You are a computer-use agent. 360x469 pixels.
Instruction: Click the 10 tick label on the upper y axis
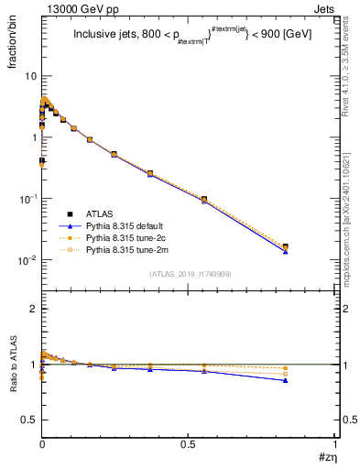30,76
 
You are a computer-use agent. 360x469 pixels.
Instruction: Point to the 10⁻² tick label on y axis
27,260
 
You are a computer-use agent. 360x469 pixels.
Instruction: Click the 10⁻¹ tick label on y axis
27,199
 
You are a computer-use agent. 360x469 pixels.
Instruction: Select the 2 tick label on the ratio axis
33,310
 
